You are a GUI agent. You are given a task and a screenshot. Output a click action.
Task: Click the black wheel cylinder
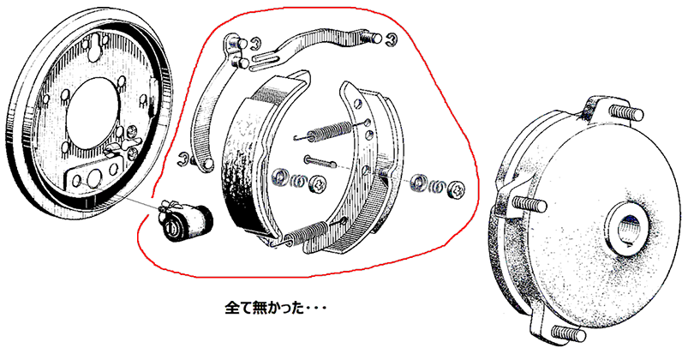[x=186, y=220]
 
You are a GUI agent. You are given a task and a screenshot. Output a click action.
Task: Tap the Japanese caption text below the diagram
[x=275, y=308]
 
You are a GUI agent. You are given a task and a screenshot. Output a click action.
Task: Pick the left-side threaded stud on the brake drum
[x=528, y=205]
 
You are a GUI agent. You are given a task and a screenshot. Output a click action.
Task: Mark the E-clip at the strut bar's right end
[x=392, y=39]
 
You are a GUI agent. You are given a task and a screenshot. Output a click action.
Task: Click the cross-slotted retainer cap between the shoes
[x=317, y=183]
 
